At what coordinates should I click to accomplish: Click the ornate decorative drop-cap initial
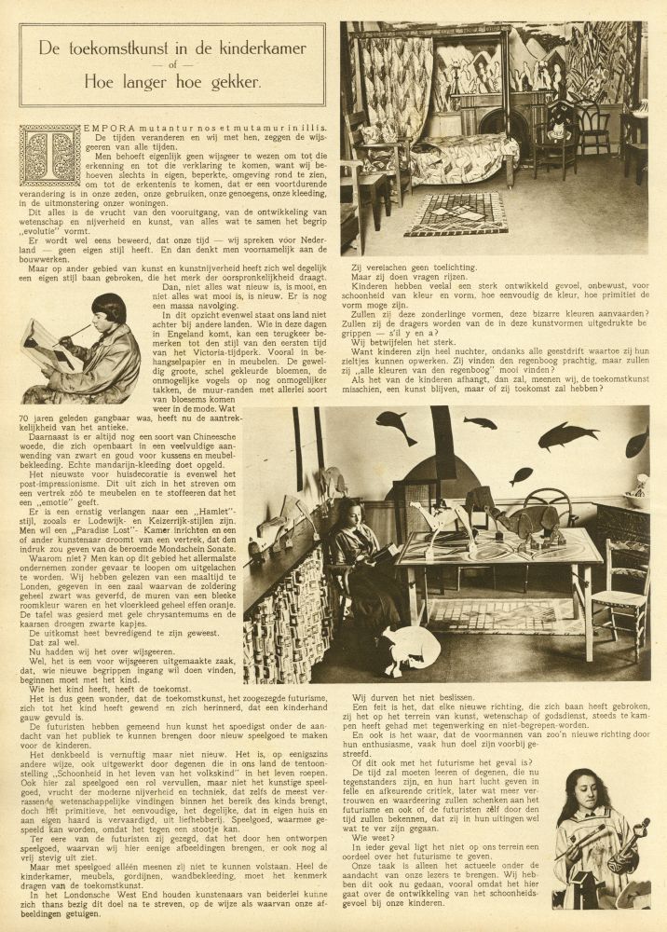pyautogui.click(x=49, y=156)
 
